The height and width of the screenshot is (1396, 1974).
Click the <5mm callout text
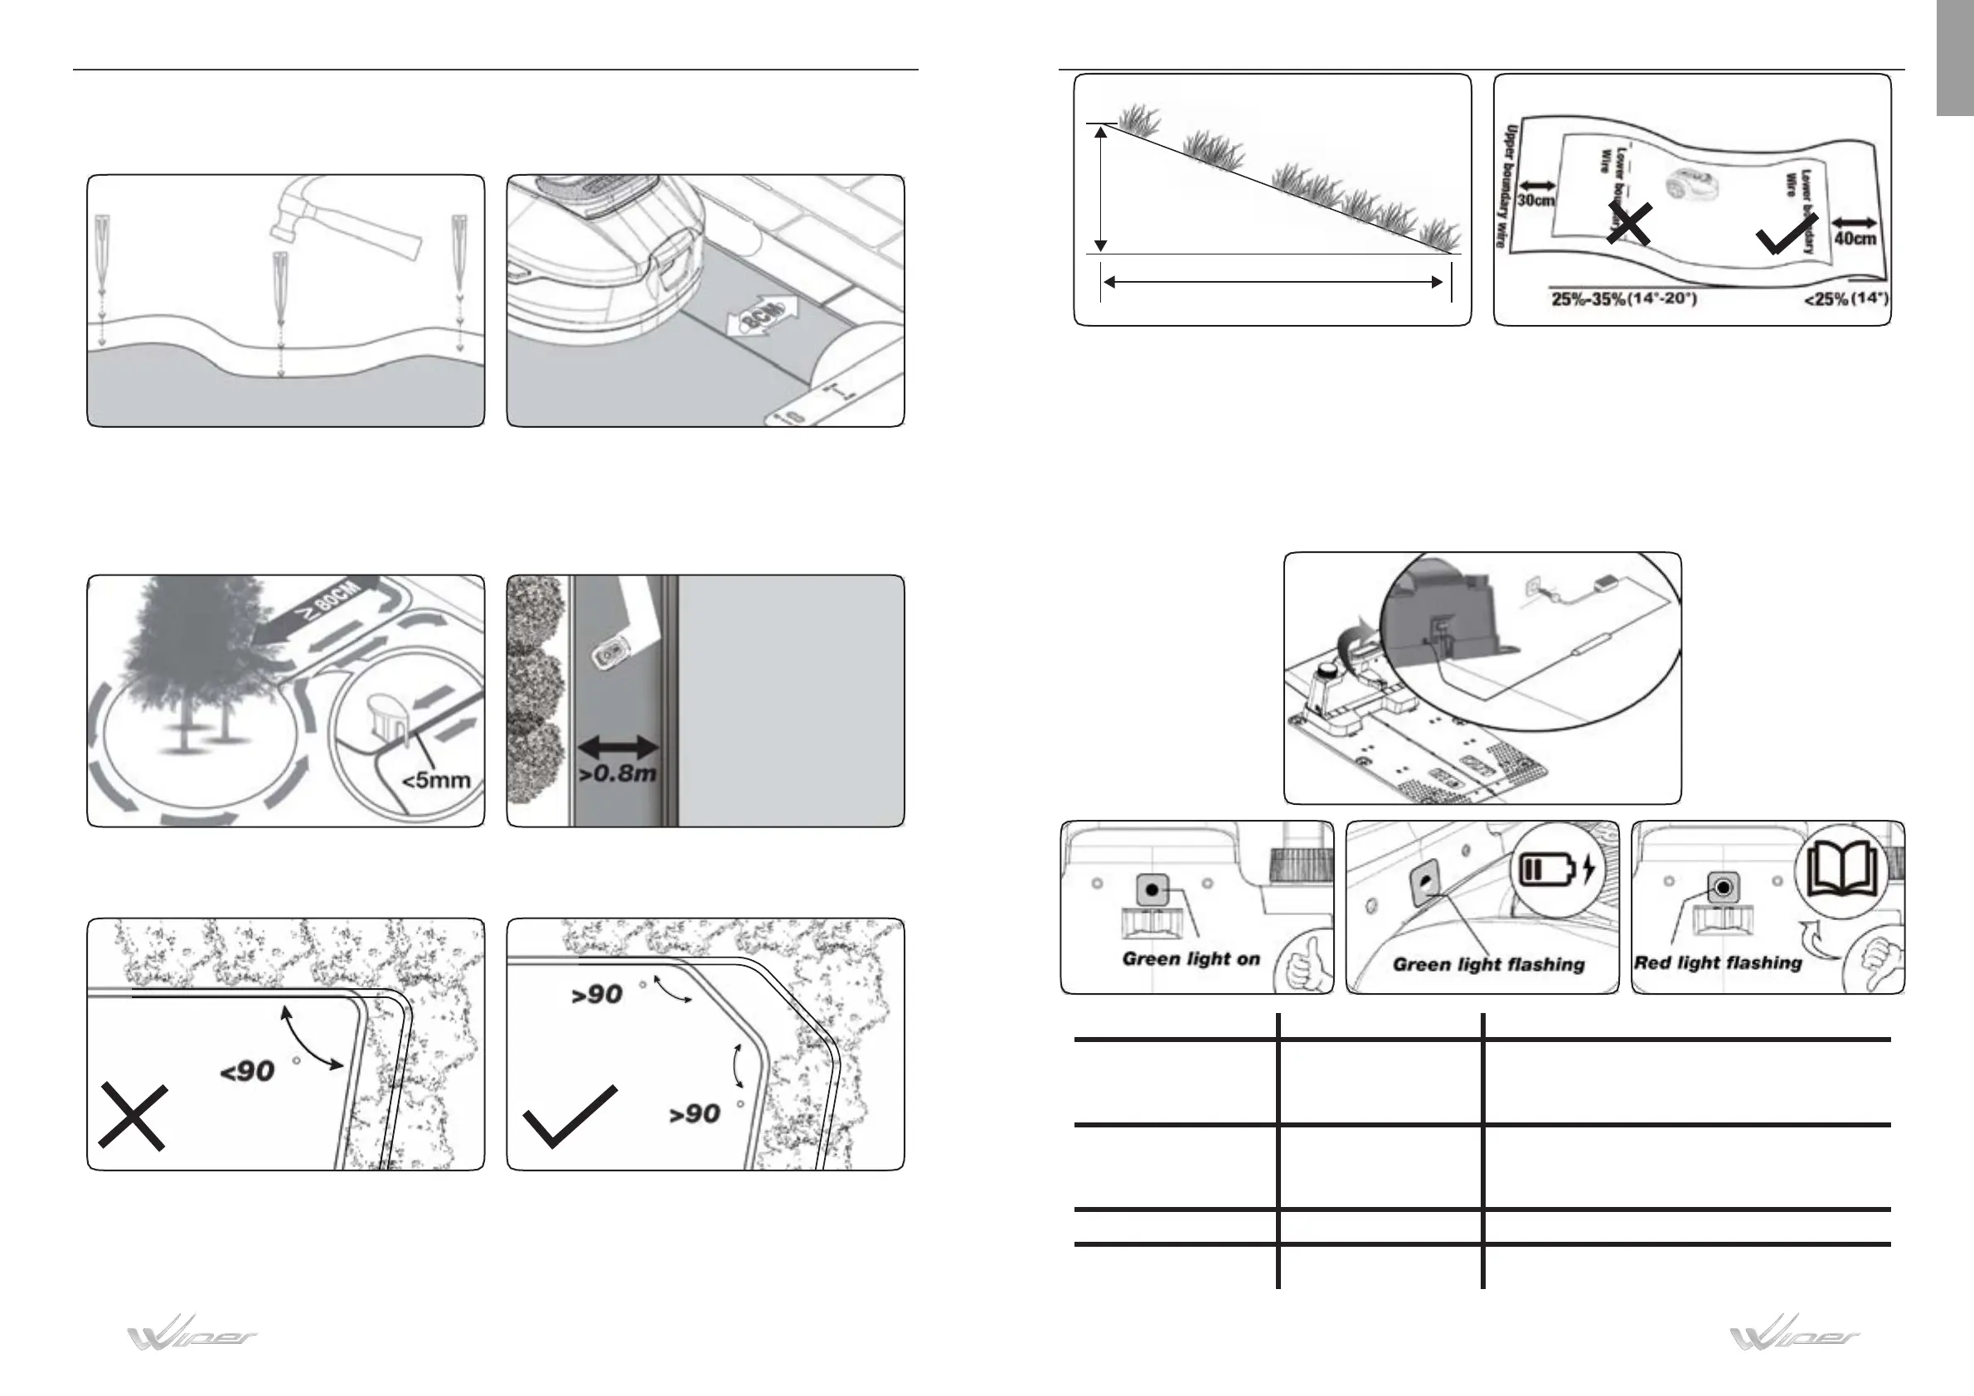tap(437, 780)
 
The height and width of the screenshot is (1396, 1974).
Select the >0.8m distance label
tap(618, 773)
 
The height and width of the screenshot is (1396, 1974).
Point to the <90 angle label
tap(248, 1071)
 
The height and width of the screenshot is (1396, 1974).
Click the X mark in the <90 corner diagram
tap(132, 1116)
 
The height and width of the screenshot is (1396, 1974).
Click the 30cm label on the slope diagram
tap(1535, 201)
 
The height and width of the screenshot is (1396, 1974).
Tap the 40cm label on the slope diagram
tap(1855, 237)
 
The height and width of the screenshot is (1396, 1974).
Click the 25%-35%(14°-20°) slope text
tap(1624, 300)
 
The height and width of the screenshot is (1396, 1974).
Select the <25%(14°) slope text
tap(1845, 300)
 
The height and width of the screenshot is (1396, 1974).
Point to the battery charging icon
tap(1557, 869)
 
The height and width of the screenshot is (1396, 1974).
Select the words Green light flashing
tap(1488, 964)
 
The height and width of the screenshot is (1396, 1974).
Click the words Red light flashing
tap(1718, 962)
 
